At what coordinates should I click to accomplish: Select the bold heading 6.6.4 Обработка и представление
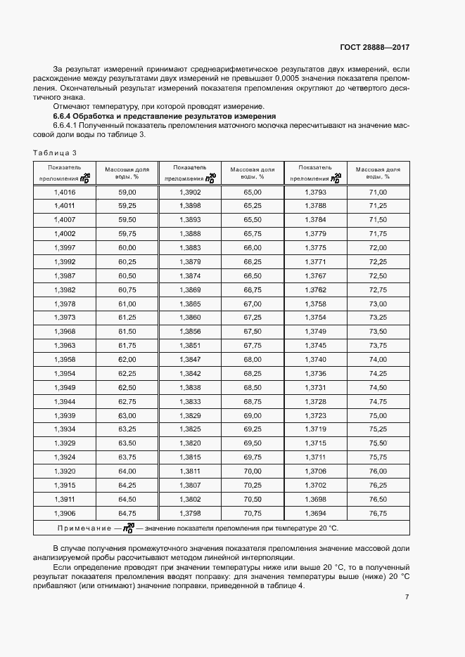pyautogui.click(x=165, y=115)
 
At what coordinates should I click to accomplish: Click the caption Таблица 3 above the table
pyautogui.click(x=54, y=152)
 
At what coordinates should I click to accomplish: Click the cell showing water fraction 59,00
pyautogui.click(x=127, y=192)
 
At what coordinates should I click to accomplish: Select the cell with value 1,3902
pyautogui.click(x=190, y=192)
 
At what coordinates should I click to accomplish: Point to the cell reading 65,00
pyautogui.click(x=253, y=192)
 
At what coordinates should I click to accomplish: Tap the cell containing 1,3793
pyautogui.click(x=315, y=192)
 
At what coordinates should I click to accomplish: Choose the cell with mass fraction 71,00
pyautogui.click(x=378, y=192)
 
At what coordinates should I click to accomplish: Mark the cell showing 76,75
pyautogui.click(x=378, y=513)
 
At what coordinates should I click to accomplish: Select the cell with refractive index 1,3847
pyautogui.click(x=190, y=359)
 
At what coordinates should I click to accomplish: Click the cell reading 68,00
pyautogui.click(x=253, y=359)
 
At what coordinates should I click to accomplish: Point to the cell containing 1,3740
pyautogui.click(x=315, y=359)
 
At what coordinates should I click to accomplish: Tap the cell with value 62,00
pyautogui.click(x=127, y=359)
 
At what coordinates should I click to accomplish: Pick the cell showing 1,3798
pyautogui.click(x=190, y=513)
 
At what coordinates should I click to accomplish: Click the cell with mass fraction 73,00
pyautogui.click(x=378, y=304)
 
